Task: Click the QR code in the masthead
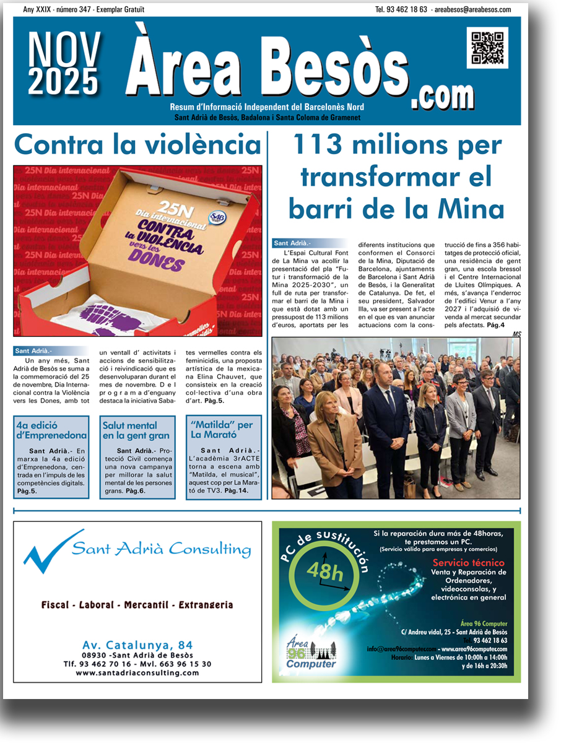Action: point(487,48)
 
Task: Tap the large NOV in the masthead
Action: point(64,49)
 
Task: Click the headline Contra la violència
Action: point(138,145)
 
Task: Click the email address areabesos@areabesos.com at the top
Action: point(472,9)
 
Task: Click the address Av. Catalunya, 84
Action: point(137,645)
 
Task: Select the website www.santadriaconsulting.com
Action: point(137,672)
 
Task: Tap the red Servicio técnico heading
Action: point(468,563)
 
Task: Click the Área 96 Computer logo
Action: point(310,654)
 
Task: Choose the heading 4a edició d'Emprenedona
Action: point(51,430)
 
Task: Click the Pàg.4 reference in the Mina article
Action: point(495,324)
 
